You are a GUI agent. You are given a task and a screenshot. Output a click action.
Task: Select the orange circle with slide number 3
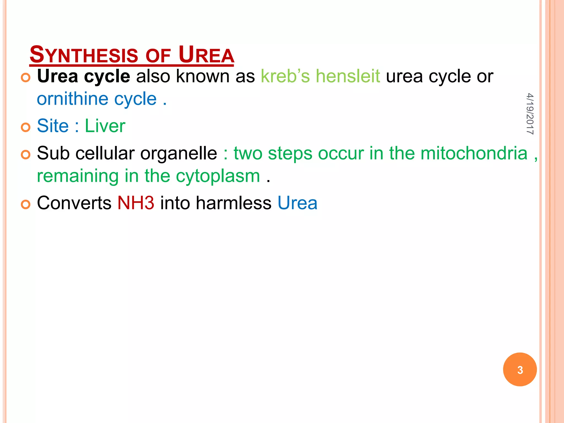tap(520, 370)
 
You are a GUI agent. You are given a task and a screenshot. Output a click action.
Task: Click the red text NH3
tap(136, 203)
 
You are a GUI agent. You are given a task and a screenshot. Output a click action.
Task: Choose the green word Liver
tap(105, 126)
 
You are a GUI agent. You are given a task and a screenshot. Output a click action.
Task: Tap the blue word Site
tap(53, 126)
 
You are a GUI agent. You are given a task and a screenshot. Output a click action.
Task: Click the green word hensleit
tap(348, 76)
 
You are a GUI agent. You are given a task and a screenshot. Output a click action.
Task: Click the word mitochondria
tap(474, 153)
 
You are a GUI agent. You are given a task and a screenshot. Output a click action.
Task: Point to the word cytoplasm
tap(218, 176)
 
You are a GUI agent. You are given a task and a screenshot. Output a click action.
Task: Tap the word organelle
tap(178, 153)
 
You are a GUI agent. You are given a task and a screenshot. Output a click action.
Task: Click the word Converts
tap(74, 203)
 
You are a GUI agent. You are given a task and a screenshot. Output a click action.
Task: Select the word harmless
tap(234, 203)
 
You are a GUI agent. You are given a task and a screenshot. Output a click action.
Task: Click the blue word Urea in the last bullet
tap(297, 203)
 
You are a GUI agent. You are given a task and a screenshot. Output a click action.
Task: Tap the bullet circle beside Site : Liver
tap(26, 128)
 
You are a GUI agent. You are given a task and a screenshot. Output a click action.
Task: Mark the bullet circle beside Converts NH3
tap(26, 205)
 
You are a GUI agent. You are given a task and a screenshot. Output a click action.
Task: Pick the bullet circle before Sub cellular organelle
tap(26, 155)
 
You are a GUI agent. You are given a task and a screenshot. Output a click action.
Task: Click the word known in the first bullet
tap(203, 76)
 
